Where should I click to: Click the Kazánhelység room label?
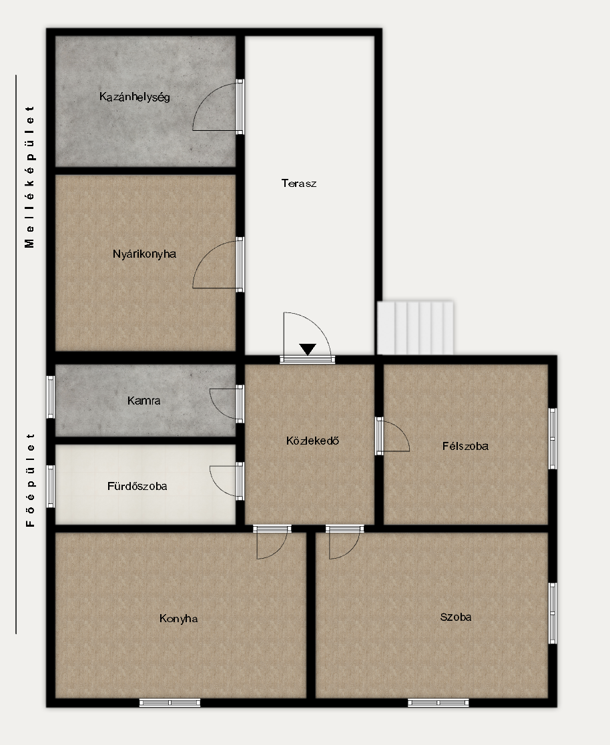click(x=134, y=97)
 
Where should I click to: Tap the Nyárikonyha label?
click(x=144, y=254)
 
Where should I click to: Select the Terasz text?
click(x=299, y=184)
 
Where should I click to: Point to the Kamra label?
click(x=144, y=401)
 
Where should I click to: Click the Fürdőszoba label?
click(x=137, y=487)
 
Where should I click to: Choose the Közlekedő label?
click(x=312, y=441)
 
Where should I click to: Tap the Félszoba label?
click(x=466, y=446)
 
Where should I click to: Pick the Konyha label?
click(x=179, y=619)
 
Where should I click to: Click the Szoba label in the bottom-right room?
click(x=456, y=617)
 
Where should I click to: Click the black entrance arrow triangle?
click(x=308, y=348)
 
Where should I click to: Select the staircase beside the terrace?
click(x=415, y=327)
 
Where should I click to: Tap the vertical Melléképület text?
click(x=30, y=177)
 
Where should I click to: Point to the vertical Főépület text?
click(x=30, y=480)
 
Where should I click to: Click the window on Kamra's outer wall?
click(x=50, y=397)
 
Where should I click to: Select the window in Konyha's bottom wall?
click(x=170, y=703)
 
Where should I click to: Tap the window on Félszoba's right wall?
click(x=553, y=439)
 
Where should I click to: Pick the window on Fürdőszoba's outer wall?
click(x=50, y=487)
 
